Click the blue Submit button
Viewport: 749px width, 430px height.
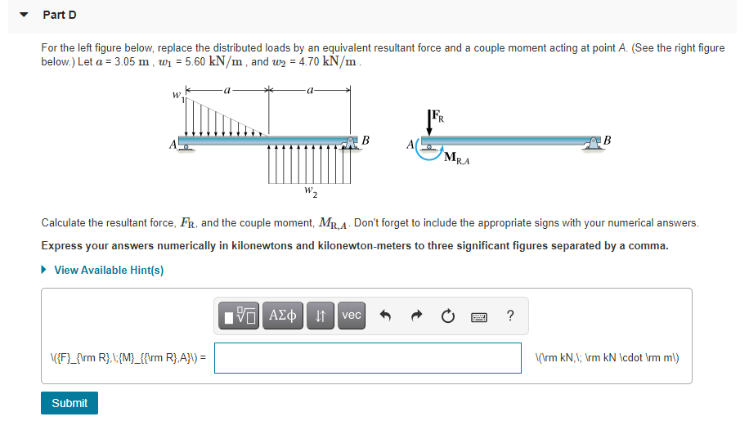[70, 403]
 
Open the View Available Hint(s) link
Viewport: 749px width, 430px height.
[109, 270]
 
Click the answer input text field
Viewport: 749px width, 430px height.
[368, 358]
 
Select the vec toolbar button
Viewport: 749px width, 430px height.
[352, 316]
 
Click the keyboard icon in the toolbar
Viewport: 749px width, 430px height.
[479, 316]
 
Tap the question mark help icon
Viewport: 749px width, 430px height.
[510, 316]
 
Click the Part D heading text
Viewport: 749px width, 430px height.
[60, 16]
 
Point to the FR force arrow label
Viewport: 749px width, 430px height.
[440, 116]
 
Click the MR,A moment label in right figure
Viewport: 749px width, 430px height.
[457, 159]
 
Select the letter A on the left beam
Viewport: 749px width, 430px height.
[173, 145]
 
